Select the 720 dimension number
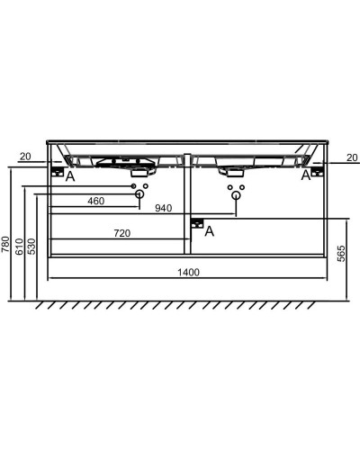pos(122,233)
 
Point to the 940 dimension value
pos(164,209)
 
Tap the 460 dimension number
pos(96,201)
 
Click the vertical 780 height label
pos(6,244)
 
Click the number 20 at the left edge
pos(24,157)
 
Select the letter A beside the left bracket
pos(70,176)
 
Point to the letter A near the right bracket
pos(305,175)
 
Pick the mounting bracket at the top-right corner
pos(316,171)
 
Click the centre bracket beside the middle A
pos(197,223)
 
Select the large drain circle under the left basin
pos(139,193)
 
